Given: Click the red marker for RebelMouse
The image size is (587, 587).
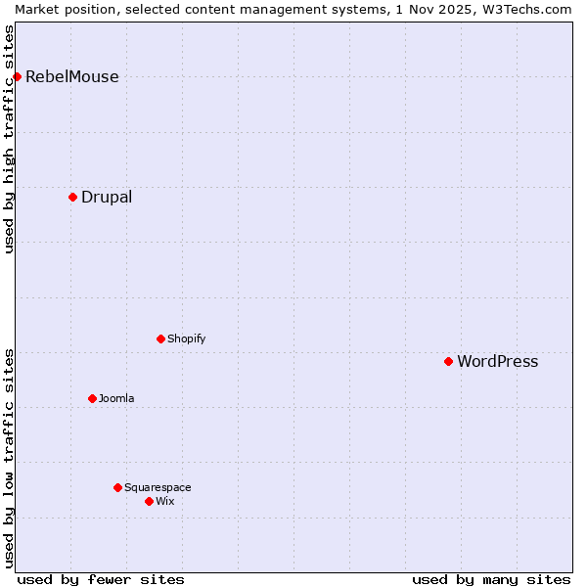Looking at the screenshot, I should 17,76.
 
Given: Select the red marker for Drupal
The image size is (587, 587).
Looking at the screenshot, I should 72,197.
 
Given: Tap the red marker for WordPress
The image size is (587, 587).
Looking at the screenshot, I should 448,361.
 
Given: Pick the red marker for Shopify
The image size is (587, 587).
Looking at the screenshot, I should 160,339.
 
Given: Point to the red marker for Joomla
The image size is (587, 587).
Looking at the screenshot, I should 92,398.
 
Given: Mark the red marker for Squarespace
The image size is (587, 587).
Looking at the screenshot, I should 117,487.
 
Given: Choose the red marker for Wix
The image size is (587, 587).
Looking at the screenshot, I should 149,501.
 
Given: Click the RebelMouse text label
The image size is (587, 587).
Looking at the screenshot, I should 71,77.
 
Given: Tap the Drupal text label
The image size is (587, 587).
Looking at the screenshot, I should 107,198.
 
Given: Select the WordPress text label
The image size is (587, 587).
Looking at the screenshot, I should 497,362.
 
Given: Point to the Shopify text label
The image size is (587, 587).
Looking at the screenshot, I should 186,339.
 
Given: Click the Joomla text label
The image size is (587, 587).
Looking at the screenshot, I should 116,399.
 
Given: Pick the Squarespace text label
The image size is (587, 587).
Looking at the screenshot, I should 158,488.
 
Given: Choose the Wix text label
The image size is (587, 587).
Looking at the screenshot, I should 164,502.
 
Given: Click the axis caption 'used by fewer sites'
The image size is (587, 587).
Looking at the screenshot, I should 101,579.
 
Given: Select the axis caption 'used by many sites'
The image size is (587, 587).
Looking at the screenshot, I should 491,579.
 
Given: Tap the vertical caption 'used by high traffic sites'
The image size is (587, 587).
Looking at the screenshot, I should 9,139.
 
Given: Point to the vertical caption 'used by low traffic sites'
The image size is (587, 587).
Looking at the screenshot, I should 9,458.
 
